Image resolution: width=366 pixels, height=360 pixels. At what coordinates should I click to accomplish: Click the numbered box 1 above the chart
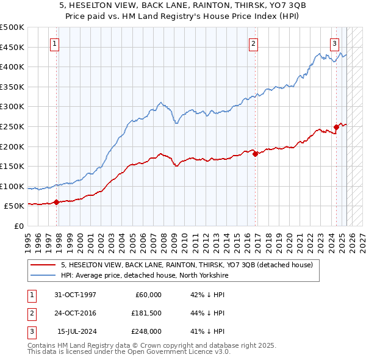(55, 43)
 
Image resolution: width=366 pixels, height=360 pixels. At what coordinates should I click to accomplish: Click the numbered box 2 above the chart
(253, 43)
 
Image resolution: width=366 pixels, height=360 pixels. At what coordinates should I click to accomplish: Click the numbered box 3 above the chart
(335, 43)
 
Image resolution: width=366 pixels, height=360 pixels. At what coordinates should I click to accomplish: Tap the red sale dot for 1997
(56, 202)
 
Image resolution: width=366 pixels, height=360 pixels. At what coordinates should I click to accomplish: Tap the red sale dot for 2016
(255, 154)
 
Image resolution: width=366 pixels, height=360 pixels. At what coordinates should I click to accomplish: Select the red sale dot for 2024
(336, 128)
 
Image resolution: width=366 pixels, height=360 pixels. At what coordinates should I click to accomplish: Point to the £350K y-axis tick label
(12, 87)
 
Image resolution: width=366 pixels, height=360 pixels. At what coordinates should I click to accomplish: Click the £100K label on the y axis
(12, 186)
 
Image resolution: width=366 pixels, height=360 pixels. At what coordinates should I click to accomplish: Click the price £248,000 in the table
(147, 331)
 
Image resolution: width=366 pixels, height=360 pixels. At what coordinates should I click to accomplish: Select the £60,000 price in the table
(148, 295)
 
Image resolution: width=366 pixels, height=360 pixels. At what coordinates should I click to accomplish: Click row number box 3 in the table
(31, 331)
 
